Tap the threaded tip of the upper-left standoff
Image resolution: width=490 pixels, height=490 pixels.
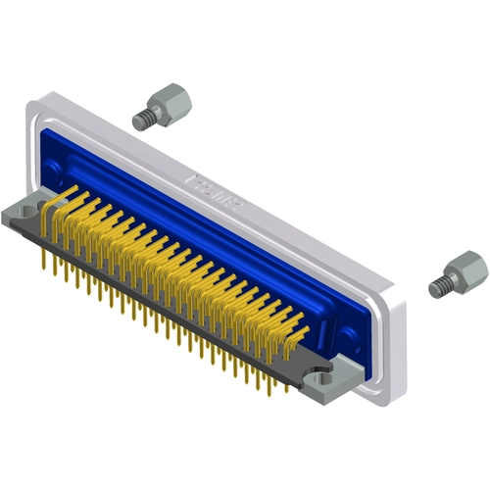pyautogui.click(x=142, y=122)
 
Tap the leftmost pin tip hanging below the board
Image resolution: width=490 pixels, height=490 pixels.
pyautogui.click(x=43, y=262)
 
